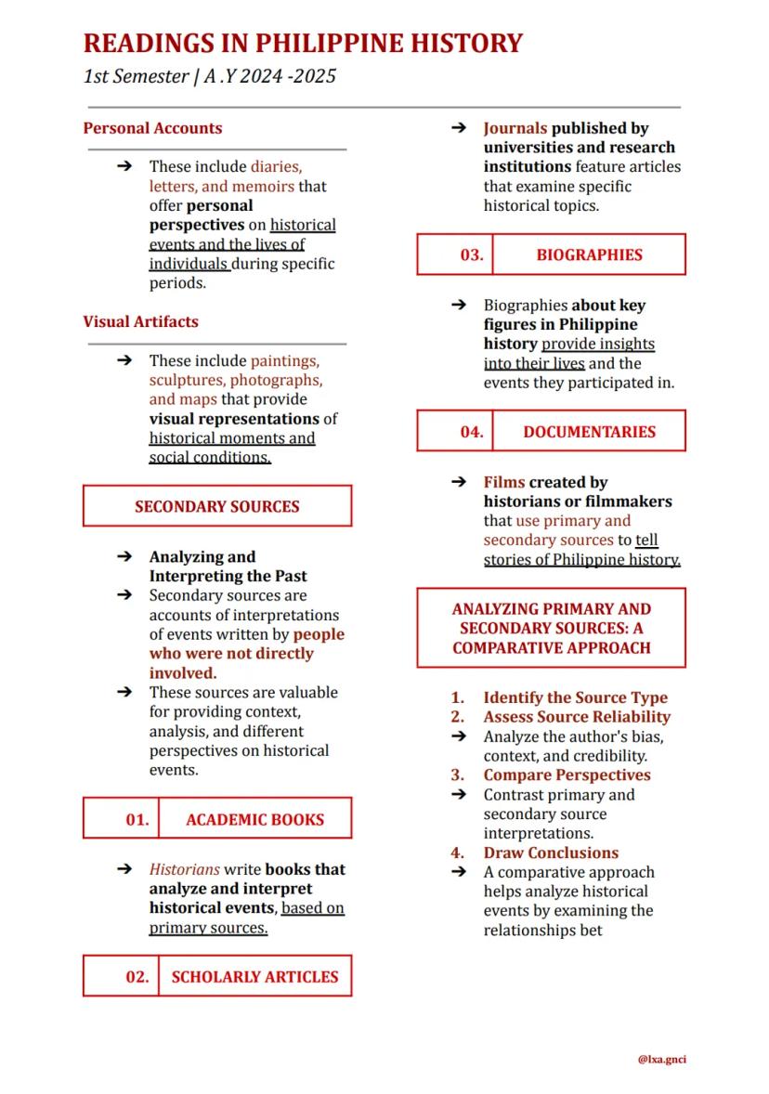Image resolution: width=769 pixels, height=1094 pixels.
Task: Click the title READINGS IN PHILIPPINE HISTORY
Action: (303, 43)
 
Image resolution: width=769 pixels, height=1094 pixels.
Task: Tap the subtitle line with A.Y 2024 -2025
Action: (209, 76)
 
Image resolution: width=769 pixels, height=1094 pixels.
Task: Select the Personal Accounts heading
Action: (152, 128)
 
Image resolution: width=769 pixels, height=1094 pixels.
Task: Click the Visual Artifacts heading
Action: (140, 322)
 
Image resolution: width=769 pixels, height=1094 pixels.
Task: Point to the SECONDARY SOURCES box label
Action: (216, 506)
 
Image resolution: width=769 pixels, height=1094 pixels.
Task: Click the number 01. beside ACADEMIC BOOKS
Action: (137, 820)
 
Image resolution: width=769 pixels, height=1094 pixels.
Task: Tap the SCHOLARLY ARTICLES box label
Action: (254, 977)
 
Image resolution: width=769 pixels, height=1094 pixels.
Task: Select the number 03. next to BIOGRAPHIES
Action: (472, 254)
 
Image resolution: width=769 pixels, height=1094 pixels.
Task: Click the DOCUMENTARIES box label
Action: (589, 432)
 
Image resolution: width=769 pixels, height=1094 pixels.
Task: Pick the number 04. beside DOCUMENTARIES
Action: (472, 432)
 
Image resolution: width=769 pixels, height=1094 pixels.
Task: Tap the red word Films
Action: (503, 482)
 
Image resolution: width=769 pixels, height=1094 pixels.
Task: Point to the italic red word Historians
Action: (184, 869)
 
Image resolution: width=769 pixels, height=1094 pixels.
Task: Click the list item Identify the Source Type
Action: (575, 697)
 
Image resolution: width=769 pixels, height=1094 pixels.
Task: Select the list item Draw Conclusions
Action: (550, 853)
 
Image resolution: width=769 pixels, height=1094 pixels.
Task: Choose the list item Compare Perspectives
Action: (567, 775)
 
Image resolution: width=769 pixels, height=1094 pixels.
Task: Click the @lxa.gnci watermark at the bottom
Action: (661, 1059)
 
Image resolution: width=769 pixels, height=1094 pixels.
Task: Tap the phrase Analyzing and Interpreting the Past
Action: (228, 567)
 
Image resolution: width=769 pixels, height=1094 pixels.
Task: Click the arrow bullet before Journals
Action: (458, 128)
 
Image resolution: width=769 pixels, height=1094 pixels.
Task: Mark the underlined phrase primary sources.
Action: (208, 928)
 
